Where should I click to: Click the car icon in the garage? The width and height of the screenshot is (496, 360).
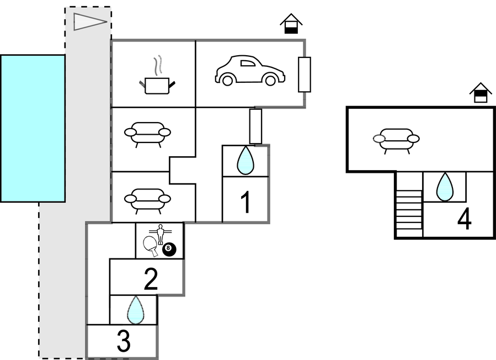(249, 70)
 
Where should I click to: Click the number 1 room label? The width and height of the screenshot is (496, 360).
(246, 203)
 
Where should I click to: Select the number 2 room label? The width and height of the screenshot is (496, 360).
(151, 279)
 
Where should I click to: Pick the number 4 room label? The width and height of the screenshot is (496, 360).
(465, 219)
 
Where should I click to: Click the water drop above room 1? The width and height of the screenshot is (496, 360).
(245, 161)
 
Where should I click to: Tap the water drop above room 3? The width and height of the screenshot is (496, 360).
(136, 310)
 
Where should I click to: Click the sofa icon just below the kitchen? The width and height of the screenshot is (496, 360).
(147, 133)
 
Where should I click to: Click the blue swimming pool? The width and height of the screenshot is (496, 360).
(33, 128)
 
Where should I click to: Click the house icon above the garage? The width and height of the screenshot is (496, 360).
(291, 24)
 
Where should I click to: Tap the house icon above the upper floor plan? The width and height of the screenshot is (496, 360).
(481, 92)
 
